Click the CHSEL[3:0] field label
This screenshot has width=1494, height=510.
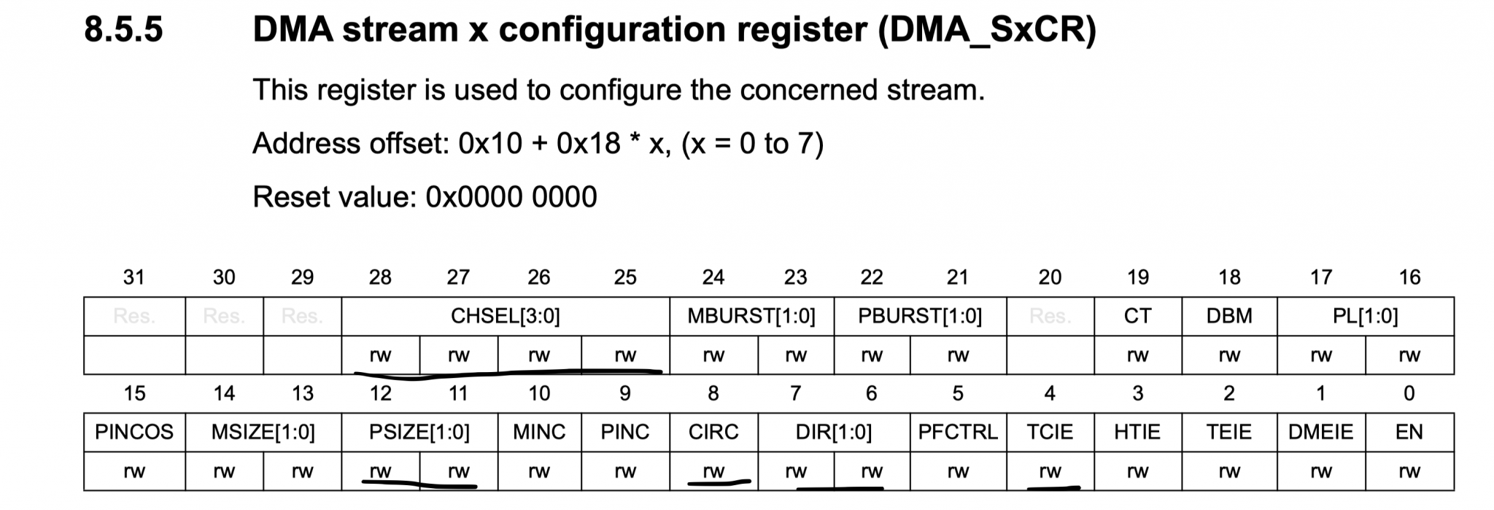point(505,316)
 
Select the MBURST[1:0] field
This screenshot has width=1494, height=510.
point(751,316)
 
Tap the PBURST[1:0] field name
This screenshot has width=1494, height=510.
point(919,316)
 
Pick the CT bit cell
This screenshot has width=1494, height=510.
point(1137,316)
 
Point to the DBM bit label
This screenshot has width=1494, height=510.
point(1229,316)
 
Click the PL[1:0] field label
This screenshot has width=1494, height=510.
point(1365,316)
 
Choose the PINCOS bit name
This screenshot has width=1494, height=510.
point(134,432)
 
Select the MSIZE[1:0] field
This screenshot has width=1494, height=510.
point(263,432)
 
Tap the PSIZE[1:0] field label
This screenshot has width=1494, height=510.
point(419,432)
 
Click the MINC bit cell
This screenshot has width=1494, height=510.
point(539,432)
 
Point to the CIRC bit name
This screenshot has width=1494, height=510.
point(713,432)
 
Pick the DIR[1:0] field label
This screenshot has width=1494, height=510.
point(833,432)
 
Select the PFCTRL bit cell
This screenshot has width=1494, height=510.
point(957,432)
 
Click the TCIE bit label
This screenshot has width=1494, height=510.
point(1050,432)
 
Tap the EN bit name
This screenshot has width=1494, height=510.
point(1409,432)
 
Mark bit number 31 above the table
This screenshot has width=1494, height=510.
point(134,277)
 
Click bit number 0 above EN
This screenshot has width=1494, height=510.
point(1409,393)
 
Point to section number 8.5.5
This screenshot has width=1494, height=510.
point(123,30)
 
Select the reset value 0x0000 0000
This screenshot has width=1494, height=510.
point(511,197)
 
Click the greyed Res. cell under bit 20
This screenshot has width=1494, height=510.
point(1050,316)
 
